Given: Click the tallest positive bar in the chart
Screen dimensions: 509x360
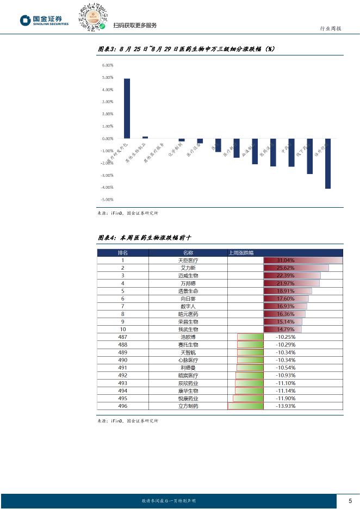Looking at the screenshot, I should tap(127, 108).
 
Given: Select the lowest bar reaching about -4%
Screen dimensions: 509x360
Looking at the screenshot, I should tap(328, 164).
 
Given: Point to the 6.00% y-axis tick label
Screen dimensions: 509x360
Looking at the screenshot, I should tap(107, 65).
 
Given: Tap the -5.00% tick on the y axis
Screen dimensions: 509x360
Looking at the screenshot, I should tap(107, 200).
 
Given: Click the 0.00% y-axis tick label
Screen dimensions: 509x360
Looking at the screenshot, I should tap(107, 139).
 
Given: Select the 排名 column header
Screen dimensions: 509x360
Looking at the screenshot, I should tap(123, 253).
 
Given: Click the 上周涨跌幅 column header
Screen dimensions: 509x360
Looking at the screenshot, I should tap(243, 253).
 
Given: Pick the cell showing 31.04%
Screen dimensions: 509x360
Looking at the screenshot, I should tap(285, 260).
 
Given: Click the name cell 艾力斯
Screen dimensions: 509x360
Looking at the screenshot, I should tap(188, 268).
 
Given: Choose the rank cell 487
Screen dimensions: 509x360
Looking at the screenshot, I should tap(123, 337).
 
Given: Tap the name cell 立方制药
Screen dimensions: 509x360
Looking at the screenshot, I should tap(188, 406).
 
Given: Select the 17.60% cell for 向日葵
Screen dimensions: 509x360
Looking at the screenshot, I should tap(285, 299).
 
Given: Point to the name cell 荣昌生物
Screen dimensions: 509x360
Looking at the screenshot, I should tap(188, 322).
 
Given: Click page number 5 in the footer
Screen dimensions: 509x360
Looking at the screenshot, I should tap(350, 501).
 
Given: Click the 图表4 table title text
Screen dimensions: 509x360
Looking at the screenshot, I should tap(145, 238).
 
